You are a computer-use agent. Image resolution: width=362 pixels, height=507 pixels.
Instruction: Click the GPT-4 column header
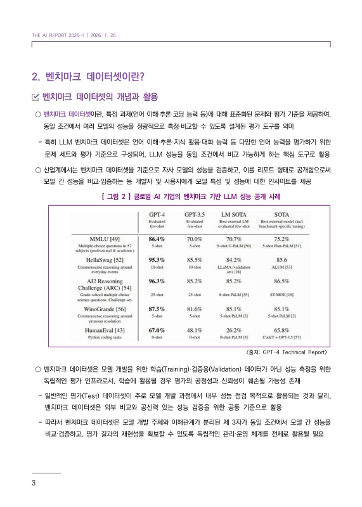[157, 215]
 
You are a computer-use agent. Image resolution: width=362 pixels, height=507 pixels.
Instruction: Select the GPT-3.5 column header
[198, 215]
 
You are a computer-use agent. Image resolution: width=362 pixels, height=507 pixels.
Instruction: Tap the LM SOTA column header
[237, 215]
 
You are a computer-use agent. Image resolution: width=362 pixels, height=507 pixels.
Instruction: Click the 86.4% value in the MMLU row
[157, 239]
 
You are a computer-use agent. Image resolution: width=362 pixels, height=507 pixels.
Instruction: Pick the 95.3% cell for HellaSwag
[157, 259]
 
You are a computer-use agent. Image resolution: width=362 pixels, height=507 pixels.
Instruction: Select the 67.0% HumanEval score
[157, 330]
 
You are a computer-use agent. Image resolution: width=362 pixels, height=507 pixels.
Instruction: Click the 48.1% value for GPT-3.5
[198, 330]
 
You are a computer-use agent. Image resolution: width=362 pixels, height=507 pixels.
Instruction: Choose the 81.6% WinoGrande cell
[198, 309]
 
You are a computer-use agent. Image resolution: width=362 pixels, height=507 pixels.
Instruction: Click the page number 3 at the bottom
[34, 484]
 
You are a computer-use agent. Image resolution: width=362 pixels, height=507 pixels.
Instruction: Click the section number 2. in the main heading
[36, 77]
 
